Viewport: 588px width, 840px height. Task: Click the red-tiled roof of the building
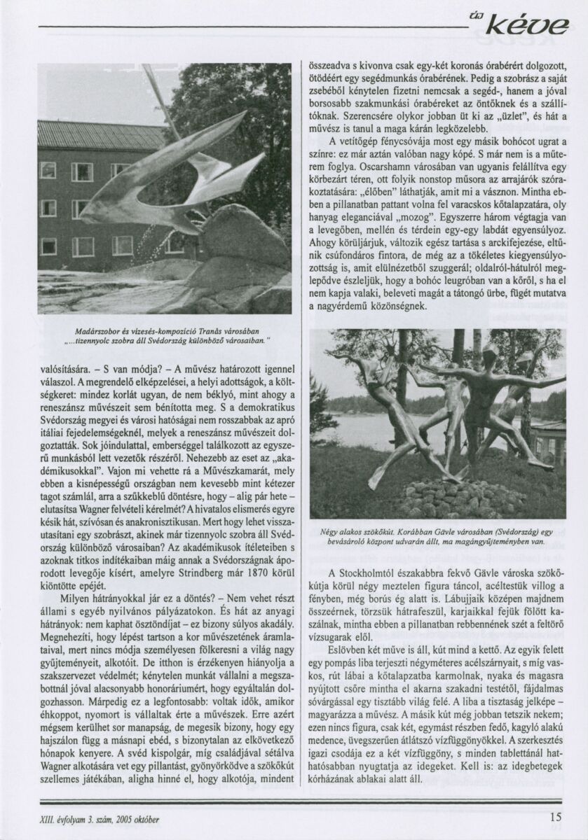coord(98,133)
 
